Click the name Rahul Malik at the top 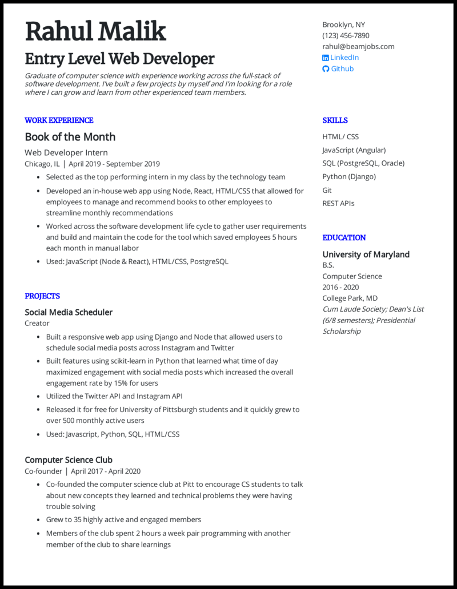[x=95, y=31]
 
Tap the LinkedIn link [x=344, y=58]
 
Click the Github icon [x=326, y=69]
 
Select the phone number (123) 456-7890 [x=346, y=35]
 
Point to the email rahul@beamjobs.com [x=358, y=46]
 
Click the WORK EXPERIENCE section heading [x=59, y=120]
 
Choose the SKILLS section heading [x=335, y=120]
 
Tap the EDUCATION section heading [x=344, y=237]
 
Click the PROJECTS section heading [x=42, y=296]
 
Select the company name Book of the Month [x=70, y=137]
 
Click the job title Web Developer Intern [x=66, y=152]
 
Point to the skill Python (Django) [x=349, y=176]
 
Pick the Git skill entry [x=327, y=190]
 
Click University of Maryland [x=366, y=255]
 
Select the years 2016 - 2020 [x=340, y=287]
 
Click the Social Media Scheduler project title [x=69, y=312]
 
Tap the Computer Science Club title [x=69, y=460]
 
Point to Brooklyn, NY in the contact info [x=343, y=25]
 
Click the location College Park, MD [x=350, y=298]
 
